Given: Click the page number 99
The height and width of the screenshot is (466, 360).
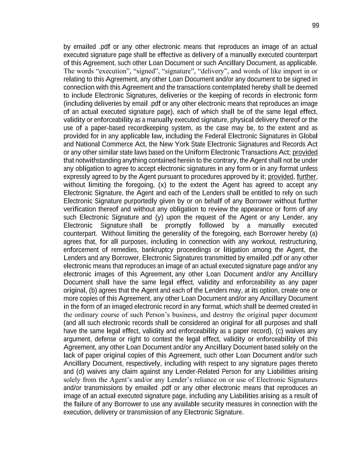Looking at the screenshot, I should click(315, 26).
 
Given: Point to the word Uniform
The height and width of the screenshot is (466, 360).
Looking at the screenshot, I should click(197, 152).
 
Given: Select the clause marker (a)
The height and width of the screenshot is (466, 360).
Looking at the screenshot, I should click(313, 234).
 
